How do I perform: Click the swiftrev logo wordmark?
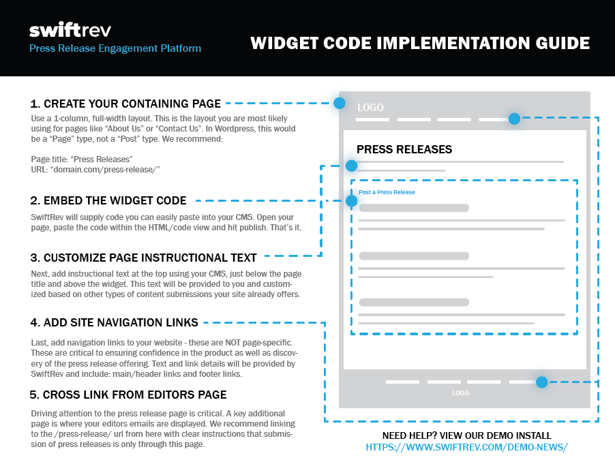[x=70, y=30]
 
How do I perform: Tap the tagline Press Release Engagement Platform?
[x=115, y=48]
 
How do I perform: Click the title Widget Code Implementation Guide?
[x=420, y=43]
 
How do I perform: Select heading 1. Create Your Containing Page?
[x=125, y=104]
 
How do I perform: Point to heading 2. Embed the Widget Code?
[x=108, y=200]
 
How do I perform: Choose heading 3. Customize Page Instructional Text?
[x=144, y=258]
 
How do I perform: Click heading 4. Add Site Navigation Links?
[x=114, y=322]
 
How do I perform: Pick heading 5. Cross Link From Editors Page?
[x=128, y=395]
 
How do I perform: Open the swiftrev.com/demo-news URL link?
[x=467, y=447]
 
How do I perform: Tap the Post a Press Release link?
[x=387, y=192]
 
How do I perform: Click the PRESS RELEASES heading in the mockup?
[x=404, y=149]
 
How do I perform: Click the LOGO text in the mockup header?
[x=370, y=108]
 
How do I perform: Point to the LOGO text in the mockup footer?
[x=460, y=393]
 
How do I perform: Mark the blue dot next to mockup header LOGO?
[x=340, y=103]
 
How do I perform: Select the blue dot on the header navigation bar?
[x=514, y=119]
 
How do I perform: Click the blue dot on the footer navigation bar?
[x=541, y=382]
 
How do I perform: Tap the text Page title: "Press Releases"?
[x=82, y=159]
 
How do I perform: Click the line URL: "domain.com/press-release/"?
[x=95, y=169]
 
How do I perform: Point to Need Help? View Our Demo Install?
[x=467, y=435]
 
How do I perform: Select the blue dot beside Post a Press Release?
[x=351, y=201]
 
